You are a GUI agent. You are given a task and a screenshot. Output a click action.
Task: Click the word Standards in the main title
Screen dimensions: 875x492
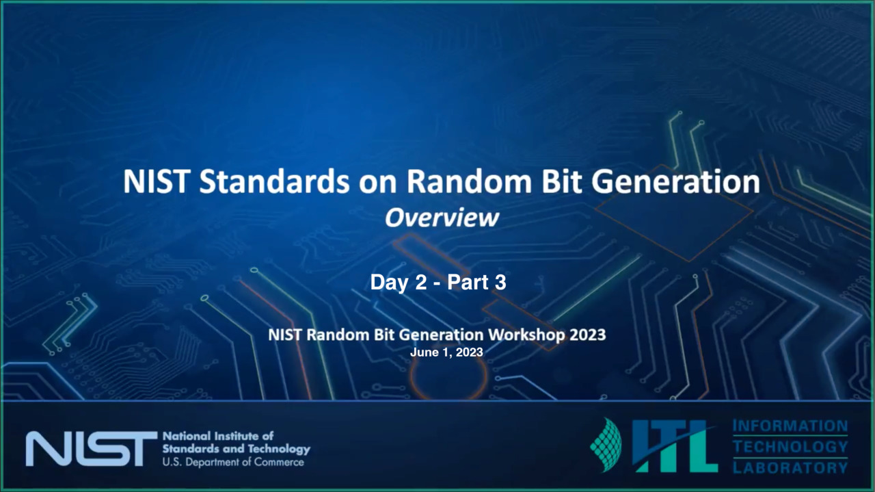(x=274, y=182)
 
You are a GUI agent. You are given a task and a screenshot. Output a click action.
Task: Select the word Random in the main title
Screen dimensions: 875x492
(x=469, y=182)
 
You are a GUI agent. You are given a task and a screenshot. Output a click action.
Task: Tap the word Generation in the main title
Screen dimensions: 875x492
(x=676, y=182)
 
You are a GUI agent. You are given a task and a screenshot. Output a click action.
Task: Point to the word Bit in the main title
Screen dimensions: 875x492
(x=562, y=182)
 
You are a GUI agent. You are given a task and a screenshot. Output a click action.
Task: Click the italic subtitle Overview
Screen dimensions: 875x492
(x=442, y=218)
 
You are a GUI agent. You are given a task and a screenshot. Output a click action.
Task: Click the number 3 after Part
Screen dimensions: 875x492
(x=500, y=283)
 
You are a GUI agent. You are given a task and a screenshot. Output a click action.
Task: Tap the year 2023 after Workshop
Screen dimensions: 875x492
(x=588, y=335)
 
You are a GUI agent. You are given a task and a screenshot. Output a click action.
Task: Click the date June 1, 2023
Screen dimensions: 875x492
(x=446, y=352)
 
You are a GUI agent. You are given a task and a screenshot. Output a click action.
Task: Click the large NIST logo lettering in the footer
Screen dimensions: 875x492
(x=92, y=449)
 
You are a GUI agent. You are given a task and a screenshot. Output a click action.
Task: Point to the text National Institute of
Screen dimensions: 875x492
(x=218, y=436)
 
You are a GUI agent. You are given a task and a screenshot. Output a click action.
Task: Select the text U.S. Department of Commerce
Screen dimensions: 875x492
(x=233, y=463)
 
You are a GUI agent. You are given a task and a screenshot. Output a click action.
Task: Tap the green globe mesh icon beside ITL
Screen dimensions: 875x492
(x=606, y=445)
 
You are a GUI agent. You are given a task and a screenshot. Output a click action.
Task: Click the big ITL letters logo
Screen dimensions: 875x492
(x=675, y=446)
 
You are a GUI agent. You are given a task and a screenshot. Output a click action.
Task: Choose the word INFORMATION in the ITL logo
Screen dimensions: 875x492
(x=790, y=426)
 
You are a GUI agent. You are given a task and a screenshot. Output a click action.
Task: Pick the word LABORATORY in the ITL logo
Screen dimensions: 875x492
(x=790, y=467)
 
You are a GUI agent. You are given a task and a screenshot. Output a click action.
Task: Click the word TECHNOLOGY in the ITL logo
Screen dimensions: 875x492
(x=790, y=447)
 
